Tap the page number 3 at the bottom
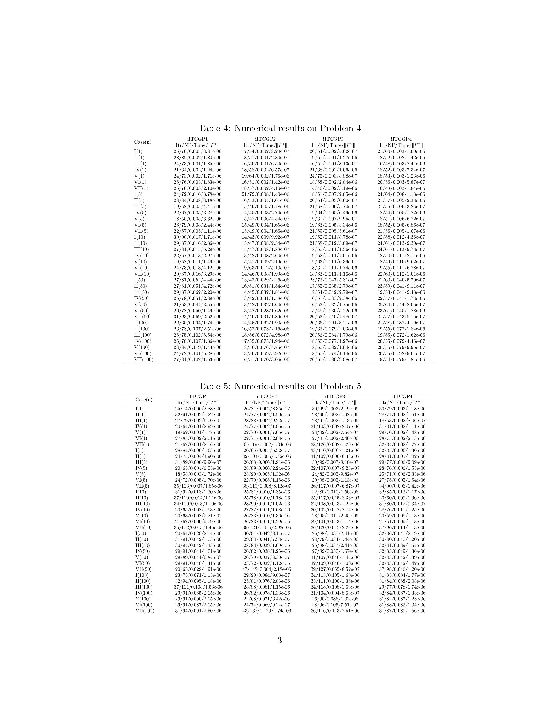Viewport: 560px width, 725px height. pos(280,640)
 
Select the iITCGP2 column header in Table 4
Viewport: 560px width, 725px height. pos(266,139)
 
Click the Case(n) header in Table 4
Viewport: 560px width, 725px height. pos(143,142)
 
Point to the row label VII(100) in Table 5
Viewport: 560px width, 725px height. pos(145,611)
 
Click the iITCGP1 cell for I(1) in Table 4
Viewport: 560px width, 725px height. pos(197,151)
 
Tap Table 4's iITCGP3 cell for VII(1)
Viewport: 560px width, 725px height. pos(333,188)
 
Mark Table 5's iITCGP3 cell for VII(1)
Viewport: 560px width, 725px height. pos(335,444)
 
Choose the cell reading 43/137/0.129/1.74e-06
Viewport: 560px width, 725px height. pos(267,611)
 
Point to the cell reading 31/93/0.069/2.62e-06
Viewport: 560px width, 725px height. pos(197,317)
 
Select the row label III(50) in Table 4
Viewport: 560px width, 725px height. pos(141,292)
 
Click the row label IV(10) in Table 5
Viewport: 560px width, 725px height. pos(143,509)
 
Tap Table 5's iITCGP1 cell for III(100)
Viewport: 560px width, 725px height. pos(198,587)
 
